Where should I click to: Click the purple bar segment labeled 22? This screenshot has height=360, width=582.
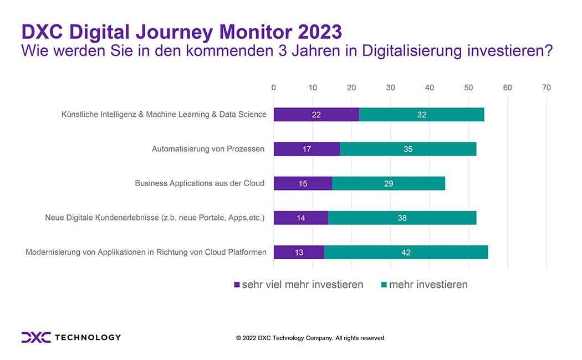click(316, 115)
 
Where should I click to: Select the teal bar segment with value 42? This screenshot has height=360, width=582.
click(406, 252)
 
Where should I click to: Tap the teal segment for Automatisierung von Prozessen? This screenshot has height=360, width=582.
click(409, 149)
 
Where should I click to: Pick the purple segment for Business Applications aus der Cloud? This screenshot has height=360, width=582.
click(303, 183)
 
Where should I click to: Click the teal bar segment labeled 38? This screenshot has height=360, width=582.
click(402, 218)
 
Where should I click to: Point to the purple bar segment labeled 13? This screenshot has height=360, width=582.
click(299, 252)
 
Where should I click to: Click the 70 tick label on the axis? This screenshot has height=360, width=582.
click(547, 88)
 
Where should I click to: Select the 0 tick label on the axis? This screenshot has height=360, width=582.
click(274, 88)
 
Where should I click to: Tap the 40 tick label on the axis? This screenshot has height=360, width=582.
click(430, 88)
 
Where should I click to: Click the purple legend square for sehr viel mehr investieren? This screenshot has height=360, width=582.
click(237, 285)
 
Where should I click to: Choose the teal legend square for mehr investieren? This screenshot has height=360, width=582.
click(384, 285)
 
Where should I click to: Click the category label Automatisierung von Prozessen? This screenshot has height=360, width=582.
click(208, 149)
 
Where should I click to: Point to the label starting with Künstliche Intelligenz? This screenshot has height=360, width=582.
click(164, 114)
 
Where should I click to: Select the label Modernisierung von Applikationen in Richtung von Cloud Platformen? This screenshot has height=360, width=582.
click(146, 252)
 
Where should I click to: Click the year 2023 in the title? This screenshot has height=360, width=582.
click(320, 32)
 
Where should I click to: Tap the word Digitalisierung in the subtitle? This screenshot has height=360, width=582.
click(412, 51)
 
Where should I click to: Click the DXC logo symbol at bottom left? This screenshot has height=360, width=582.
click(36, 337)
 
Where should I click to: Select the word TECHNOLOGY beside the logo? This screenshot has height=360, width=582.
click(88, 337)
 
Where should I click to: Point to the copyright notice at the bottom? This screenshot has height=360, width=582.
click(310, 338)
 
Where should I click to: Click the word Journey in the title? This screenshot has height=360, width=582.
click(174, 32)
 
